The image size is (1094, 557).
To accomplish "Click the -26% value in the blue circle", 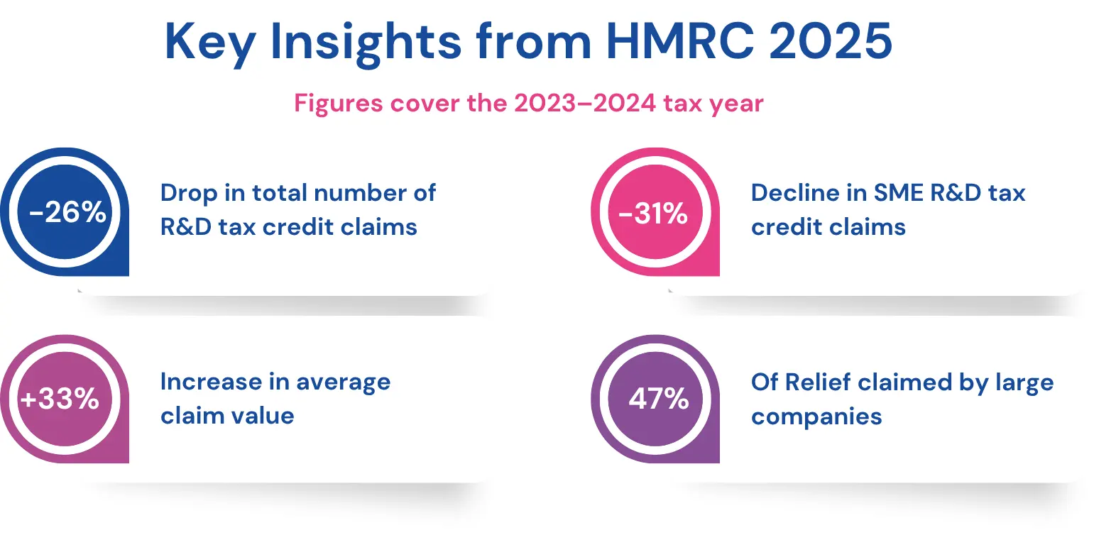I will coord(67,212).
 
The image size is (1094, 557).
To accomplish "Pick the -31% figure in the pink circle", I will coord(653,213).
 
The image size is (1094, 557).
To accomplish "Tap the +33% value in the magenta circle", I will coord(60,399).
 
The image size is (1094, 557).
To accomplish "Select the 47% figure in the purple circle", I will coord(658,399).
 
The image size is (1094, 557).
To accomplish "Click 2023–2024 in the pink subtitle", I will coord(585,104).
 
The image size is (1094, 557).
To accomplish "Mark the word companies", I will coord(816,417).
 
